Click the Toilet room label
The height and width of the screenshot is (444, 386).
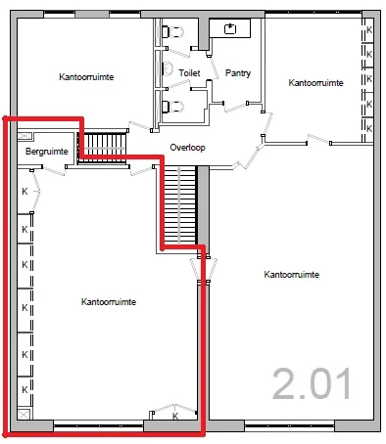(188, 72)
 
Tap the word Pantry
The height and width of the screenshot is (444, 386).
(238, 73)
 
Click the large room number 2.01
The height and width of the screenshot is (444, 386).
(312, 383)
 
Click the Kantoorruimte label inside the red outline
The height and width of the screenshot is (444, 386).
(108, 302)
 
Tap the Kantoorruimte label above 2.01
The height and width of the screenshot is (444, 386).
(293, 275)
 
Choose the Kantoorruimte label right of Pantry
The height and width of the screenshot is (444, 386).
(315, 84)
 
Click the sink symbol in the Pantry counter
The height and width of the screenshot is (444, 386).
(231, 28)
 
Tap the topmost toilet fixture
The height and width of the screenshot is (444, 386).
(174, 31)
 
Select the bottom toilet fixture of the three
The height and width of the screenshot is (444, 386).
(174, 105)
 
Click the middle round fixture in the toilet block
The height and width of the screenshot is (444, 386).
(168, 68)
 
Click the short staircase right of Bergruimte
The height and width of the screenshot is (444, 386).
(103, 147)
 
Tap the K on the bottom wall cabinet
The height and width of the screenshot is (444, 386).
(174, 417)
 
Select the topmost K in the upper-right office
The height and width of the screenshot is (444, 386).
(369, 30)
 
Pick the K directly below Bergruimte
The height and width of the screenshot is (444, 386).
(25, 192)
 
